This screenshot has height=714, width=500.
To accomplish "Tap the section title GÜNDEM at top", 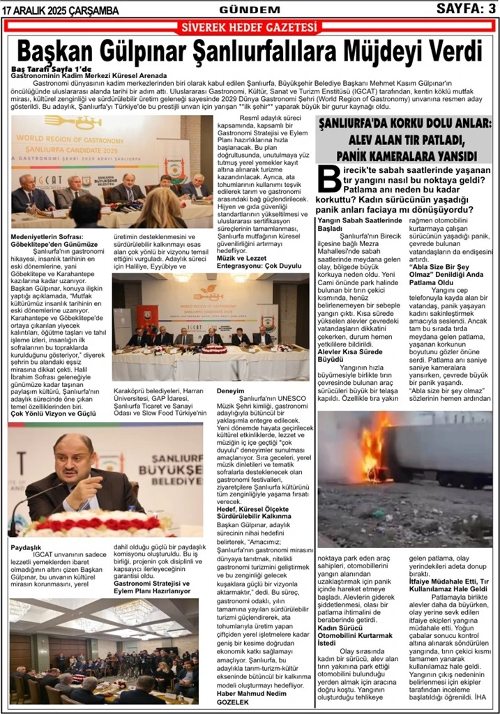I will point(249,10).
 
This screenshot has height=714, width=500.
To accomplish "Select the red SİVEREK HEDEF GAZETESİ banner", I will point(249,28).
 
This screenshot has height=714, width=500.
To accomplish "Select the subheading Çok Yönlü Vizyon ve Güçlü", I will point(53,413).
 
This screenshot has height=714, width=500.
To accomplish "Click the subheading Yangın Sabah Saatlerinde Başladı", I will point(356,223).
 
